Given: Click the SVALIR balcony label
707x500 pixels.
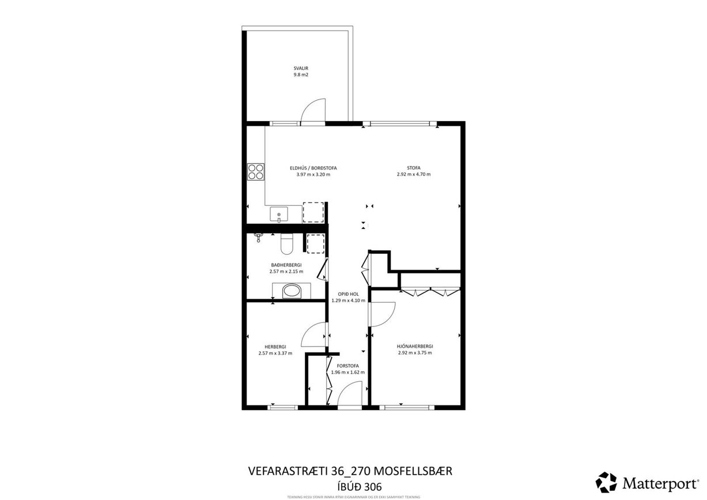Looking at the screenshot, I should point(301,68).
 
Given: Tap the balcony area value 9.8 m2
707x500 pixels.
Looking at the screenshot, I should point(301,75).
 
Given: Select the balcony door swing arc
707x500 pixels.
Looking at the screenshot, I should point(313,111).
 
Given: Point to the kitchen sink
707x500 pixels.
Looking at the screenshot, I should point(279,215).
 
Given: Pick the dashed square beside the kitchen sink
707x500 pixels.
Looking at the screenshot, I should point(313,212).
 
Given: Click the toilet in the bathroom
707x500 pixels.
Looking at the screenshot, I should point(287,244).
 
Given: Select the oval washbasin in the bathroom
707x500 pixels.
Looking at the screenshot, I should point(292,291).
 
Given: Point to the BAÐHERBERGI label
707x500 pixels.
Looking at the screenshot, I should point(286,265).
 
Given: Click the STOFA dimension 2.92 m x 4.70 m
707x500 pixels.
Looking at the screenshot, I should point(414,174).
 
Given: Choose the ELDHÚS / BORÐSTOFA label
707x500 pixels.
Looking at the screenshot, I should point(313,168).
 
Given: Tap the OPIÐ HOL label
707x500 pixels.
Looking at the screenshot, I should point(348,294).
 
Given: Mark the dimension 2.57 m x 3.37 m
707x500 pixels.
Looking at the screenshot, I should point(275,353).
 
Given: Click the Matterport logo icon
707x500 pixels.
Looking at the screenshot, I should point(606,482).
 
